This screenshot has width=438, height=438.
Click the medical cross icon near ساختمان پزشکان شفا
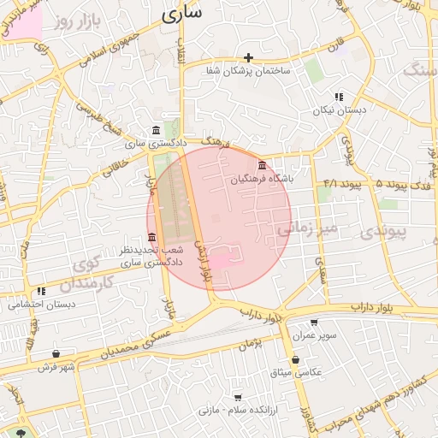[249, 57]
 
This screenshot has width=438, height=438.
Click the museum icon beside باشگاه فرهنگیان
[262, 165]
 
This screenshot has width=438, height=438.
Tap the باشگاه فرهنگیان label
[269, 180]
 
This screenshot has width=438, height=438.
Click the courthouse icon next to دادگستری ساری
[155, 130]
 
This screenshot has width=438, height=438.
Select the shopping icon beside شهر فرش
[56, 353]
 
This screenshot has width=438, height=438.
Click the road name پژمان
[249, 344]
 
